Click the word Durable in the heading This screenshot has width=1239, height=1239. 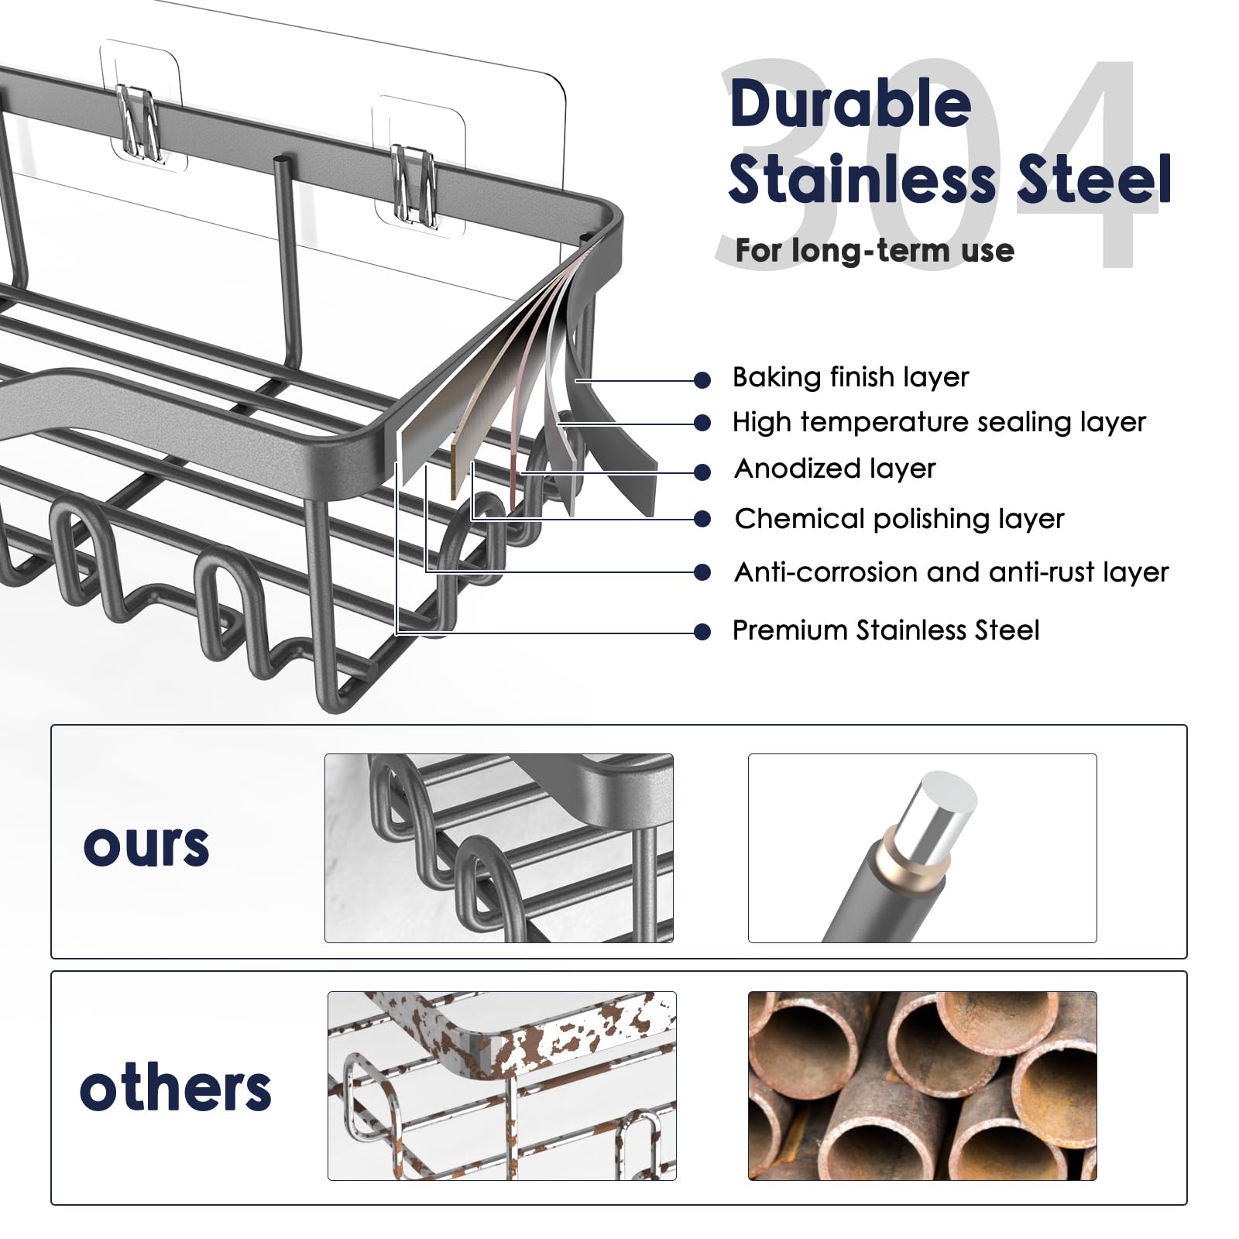(850, 105)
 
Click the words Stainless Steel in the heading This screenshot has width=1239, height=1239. (949, 180)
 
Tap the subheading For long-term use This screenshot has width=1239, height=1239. (874, 250)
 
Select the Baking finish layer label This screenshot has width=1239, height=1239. (850, 377)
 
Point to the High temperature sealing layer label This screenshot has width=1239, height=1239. (939, 422)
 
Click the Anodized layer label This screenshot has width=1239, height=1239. (835, 468)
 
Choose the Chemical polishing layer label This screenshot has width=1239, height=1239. (899, 519)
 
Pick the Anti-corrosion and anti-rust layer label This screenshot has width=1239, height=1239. (951, 572)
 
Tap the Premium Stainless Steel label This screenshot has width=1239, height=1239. (885, 630)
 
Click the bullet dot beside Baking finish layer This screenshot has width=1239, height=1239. (702, 379)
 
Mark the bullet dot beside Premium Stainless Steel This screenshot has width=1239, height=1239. (702, 632)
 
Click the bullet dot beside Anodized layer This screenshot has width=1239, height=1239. (702, 472)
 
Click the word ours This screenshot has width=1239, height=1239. (146, 845)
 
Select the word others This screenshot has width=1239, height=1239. (175, 1088)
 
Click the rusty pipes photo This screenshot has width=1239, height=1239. (922, 1085)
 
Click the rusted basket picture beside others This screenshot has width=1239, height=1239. (502, 1085)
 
